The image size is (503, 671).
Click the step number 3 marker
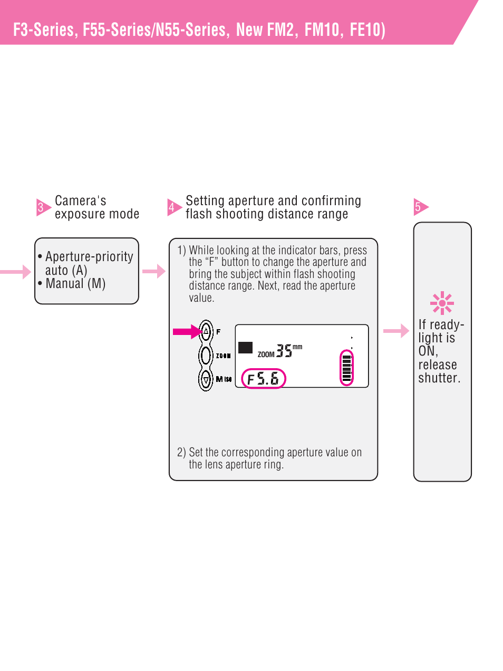click(42, 207)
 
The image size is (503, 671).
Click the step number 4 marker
click(172, 207)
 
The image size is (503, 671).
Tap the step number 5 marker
click(419, 207)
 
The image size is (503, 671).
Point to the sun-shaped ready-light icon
click(442, 303)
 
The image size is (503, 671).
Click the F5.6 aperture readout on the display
click(263, 379)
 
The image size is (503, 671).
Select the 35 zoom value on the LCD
click(284, 351)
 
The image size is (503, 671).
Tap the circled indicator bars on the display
click(346, 367)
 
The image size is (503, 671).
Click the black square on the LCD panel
click(245, 348)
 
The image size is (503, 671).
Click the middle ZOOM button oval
click(206, 355)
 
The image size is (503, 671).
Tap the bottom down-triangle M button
click(206, 379)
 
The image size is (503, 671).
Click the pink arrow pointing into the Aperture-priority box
click(16, 272)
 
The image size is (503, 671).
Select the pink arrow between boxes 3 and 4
click(153, 271)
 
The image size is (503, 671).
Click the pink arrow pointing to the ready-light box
click(395, 331)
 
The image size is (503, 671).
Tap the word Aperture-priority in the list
click(89, 257)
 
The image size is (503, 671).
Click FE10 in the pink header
click(365, 30)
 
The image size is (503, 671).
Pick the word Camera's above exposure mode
click(80, 201)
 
